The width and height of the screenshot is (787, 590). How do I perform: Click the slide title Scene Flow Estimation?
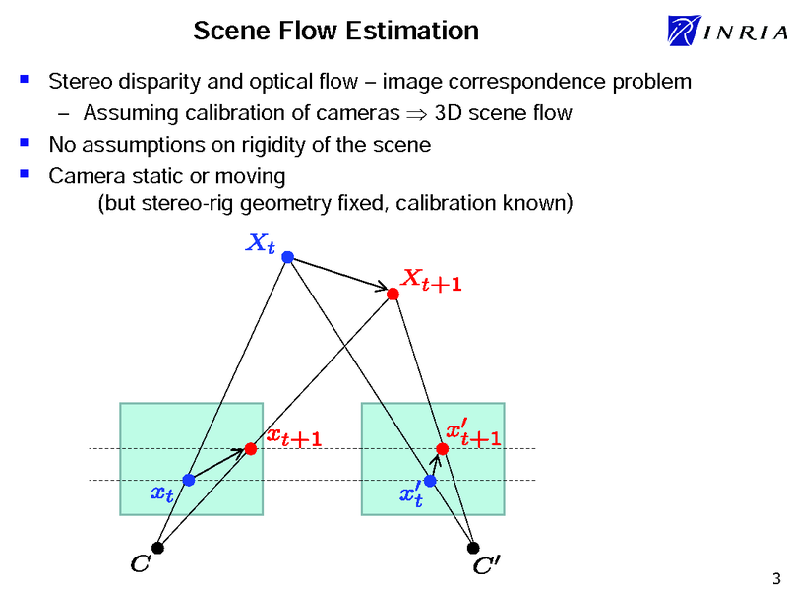point(335,31)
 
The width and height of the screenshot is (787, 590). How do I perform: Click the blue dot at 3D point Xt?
point(287,257)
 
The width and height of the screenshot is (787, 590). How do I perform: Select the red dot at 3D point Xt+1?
point(393,294)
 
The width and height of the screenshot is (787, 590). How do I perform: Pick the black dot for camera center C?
point(157,548)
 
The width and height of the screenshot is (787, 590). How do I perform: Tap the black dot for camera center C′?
point(473,548)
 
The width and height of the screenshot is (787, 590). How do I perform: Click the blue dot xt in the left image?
point(188,481)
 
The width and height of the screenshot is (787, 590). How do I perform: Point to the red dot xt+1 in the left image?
point(251,449)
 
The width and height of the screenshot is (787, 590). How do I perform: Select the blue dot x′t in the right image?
point(430,481)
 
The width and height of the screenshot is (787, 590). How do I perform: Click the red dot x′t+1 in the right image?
point(442,449)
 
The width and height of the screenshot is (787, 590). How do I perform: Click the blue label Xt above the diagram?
point(259,243)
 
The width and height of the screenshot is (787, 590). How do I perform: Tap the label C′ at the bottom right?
point(486,567)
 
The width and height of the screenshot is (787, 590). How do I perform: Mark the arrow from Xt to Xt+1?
point(340,275)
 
